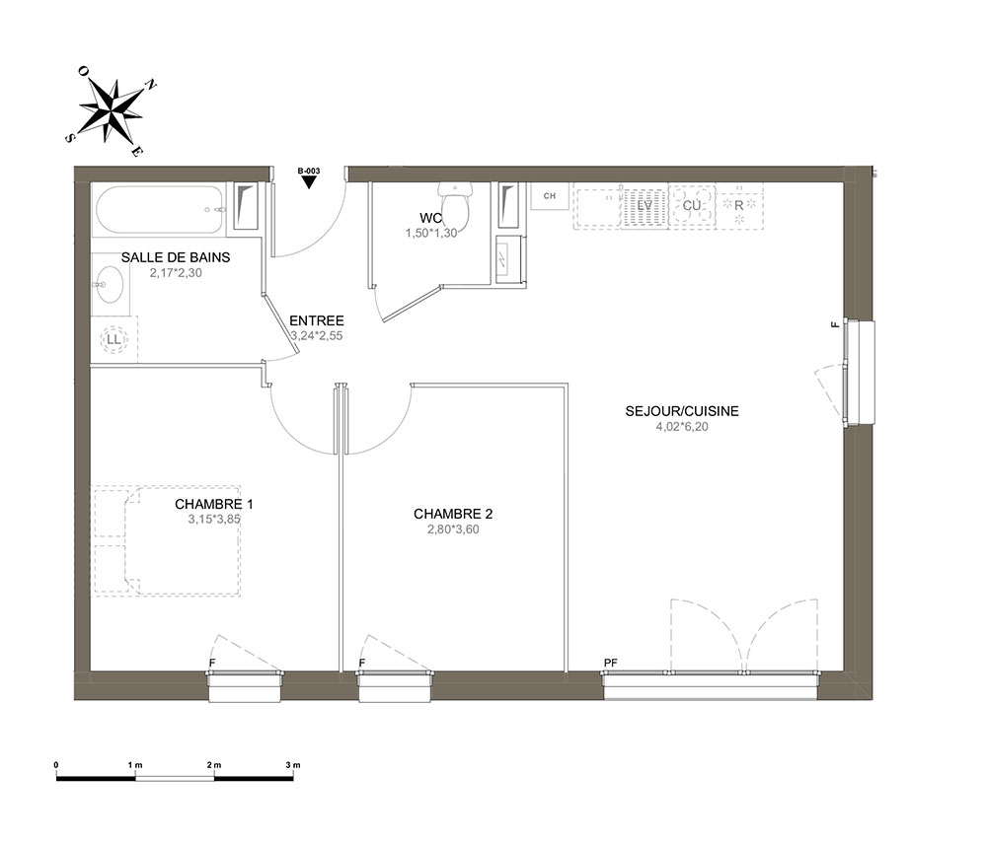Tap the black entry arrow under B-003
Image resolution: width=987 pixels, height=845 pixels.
click(308, 182)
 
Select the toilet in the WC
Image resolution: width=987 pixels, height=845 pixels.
click(454, 206)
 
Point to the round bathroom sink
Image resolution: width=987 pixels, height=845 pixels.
click(109, 284)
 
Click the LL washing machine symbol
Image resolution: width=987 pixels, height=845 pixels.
click(114, 339)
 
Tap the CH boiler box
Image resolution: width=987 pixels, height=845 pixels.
click(550, 196)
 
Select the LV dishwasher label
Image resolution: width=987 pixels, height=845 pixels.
click(645, 205)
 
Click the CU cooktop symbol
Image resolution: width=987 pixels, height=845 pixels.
click(692, 206)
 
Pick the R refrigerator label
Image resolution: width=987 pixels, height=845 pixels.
click(739, 206)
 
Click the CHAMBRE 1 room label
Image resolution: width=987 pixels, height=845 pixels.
click(214, 504)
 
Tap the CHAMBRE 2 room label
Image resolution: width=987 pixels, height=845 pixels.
click(453, 514)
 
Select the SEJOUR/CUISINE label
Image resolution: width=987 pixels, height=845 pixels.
click(682, 411)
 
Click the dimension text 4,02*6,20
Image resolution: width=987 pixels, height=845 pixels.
click(682, 427)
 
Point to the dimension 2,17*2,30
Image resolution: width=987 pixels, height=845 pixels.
click(176, 273)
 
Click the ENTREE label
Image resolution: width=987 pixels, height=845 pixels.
click(317, 320)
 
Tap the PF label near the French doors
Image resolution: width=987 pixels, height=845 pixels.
click(610, 663)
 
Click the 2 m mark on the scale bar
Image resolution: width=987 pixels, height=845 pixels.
click(214, 765)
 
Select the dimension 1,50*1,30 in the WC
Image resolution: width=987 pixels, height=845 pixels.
click(431, 233)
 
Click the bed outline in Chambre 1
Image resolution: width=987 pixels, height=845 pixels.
click(167, 540)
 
